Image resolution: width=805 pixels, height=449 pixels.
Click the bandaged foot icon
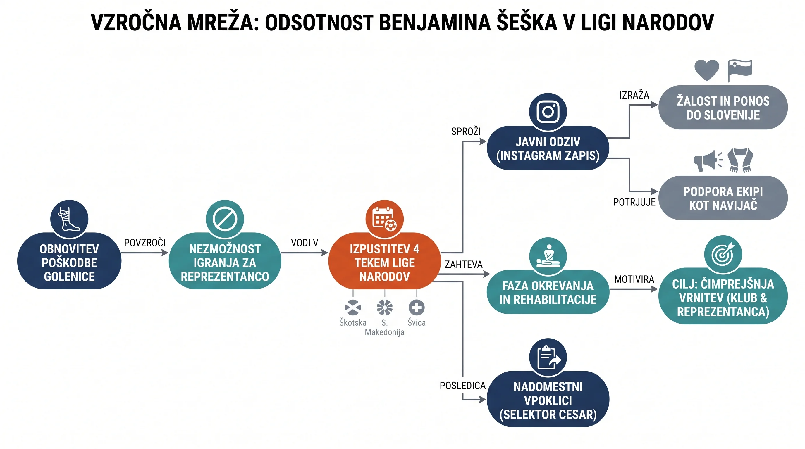pyautogui.click(x=69, y=219)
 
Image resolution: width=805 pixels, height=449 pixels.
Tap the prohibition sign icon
pyautogui.click(x=225, y=219)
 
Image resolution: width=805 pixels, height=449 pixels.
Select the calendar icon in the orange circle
pyautogui.click(x=384, y=219)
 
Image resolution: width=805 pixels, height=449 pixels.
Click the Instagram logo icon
pyautogui.click(x=548, y=111)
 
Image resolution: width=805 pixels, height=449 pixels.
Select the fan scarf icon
pyautogui.click(x=740, y=160)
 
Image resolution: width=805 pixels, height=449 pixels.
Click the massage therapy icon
pyautogui.click(x=548, y=256)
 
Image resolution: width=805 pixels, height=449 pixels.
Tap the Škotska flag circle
pyautogui.click(x=353, y=308)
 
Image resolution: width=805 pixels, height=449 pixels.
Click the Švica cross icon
pyautogui.click(x=416, y=308)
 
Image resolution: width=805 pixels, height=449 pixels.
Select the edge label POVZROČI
pyautogui.click(x=145, y=243)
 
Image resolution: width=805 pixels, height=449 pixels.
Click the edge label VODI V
pyautogui.click(x=305, y=243)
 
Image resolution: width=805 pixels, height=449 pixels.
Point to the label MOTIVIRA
pyautogui.click(x=634, y=279)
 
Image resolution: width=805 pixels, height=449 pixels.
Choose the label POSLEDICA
pyautogui.click(x=462, y=386)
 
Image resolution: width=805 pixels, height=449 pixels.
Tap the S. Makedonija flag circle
pyautogui.click(x=384, y=308)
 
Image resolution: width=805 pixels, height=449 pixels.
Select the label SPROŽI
pyautogui.click(x=466, y=132)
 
